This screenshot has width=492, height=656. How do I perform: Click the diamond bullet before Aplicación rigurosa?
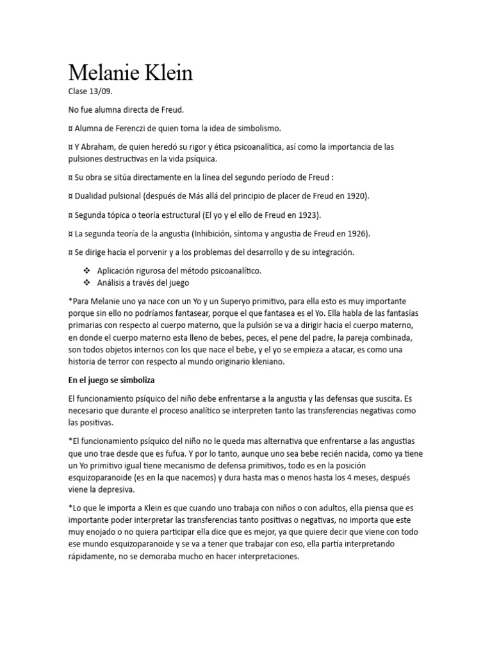tap(86, 270)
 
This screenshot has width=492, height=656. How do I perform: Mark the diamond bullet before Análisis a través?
tap(86, 283)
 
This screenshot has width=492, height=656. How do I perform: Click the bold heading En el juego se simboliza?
tap(117, 380)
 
